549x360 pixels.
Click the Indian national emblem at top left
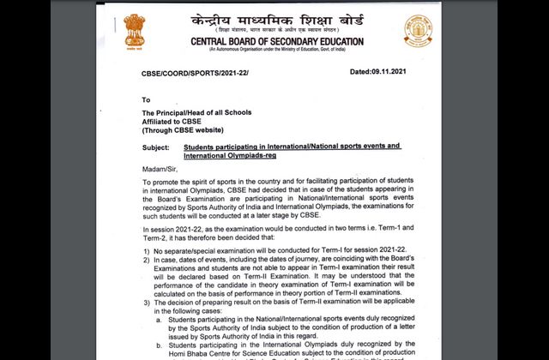tap(135, 33)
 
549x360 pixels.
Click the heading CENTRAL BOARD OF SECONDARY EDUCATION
tap(276, 41)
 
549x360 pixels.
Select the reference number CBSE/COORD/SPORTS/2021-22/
tap(199, 75)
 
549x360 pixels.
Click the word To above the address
tap(147, 99)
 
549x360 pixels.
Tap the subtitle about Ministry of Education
tap(276, 51)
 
